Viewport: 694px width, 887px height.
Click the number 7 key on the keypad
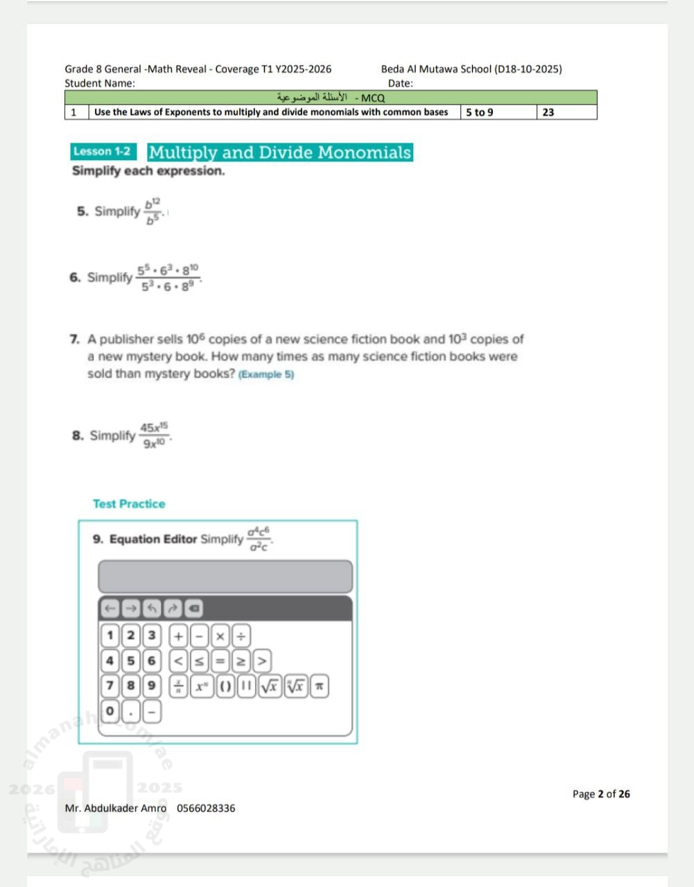pyautogui.click(x=110, y=686)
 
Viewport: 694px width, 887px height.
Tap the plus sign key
pyautogui.click(x=178, y=635)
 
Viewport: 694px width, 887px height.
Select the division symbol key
pyautogui.click(x=241, y=635)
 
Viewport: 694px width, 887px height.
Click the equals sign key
pyautogui.click(x=220, y=661)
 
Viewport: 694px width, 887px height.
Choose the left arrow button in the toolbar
pyautogui.click(x=110, y=608)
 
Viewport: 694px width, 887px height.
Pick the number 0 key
pyautogui.click(x=110, y=711)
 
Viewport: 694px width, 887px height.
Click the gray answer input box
pyautogui.click(x=225, y=577)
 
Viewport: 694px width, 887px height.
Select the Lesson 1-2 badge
pyautogui.click(x=103, y=152)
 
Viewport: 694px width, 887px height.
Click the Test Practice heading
pyautogui.click(x=129, y=504)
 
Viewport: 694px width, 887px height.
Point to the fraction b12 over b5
pyautogui.click(x=153, y=211)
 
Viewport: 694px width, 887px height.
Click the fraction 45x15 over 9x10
pyautogui.click(x=154, y=435)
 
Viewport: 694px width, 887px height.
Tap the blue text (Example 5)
pyautogui.click(x=266, y=374)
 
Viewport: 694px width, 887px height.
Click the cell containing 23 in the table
pyautogui.click(x=566, y=112)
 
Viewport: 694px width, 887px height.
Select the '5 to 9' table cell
pyautogui.click(x=498, y=112)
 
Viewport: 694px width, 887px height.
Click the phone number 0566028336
pyautogui.click(x=206, y=808)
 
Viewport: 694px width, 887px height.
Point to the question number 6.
pyautogui.click(x=74, y=277)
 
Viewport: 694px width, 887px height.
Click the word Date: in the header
pyautogui.click(x=400, y=83)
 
